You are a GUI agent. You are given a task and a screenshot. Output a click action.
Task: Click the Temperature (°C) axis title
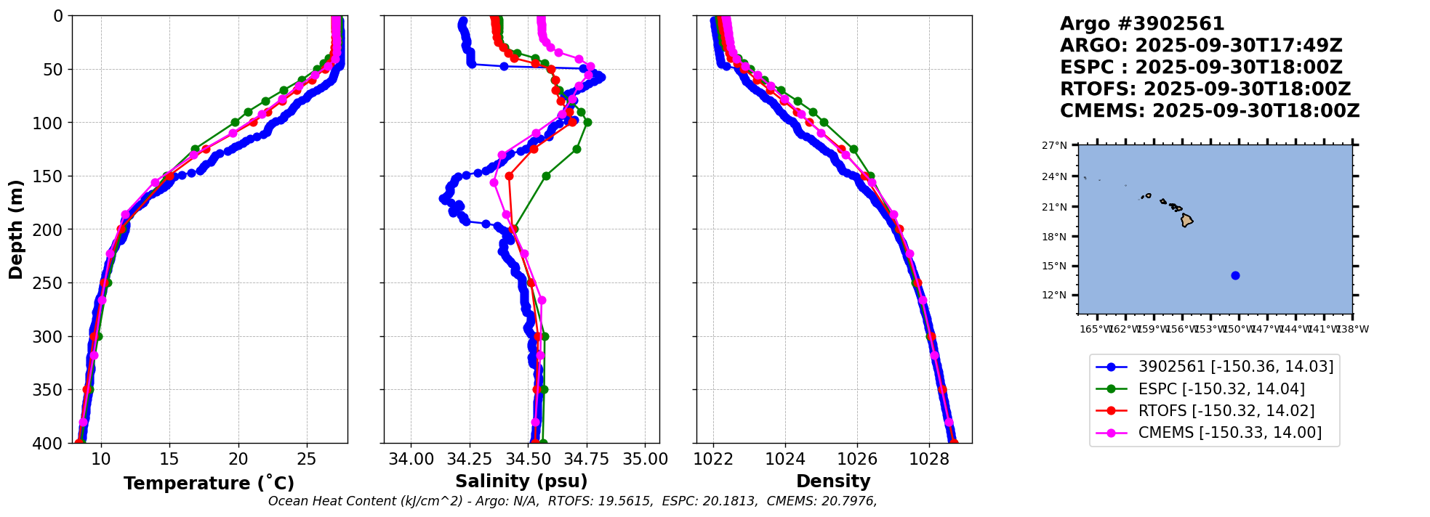click(209, 484)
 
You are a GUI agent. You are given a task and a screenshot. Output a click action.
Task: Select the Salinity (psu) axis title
click(521, 481)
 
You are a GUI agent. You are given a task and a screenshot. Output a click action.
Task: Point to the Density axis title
click(833, 481)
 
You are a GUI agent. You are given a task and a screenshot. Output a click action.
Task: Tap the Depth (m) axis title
click(16, 229)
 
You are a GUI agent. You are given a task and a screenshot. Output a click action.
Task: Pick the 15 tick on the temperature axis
click(169, 460)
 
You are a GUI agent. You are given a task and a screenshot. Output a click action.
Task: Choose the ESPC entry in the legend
click(1221, 389)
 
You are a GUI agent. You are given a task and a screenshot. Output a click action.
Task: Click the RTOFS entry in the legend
click(1226, 411)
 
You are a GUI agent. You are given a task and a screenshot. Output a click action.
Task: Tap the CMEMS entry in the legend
click(1229, 433)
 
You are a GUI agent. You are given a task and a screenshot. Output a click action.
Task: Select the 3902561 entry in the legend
click(1235, 367)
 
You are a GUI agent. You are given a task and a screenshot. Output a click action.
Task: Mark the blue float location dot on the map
click(1235, 275)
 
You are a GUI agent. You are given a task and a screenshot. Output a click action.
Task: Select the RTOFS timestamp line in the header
click(1205, 89)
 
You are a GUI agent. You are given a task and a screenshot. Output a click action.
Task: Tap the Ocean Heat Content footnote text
click(572, 501)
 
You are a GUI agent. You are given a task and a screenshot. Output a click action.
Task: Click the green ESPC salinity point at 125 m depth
click(577, 149)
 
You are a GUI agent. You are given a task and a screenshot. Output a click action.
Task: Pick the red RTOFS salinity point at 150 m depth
click(509, 176)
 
